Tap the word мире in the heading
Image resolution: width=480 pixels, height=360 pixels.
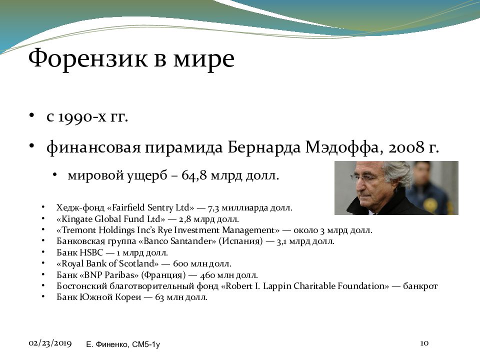click(204, 59)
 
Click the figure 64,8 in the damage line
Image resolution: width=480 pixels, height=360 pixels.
click(194, 175)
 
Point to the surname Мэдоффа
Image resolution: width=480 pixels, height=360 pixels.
click(344, 147)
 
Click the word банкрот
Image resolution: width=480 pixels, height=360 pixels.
click(420, 286)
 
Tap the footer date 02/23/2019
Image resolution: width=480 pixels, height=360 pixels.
click(50, 343)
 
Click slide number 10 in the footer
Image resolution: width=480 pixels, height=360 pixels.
click(424, 343)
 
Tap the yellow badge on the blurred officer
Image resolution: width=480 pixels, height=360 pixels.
click(429, 204)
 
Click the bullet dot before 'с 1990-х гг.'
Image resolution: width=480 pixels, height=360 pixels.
click(31, 115)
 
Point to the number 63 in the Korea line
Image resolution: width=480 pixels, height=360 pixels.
click(159, 297)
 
